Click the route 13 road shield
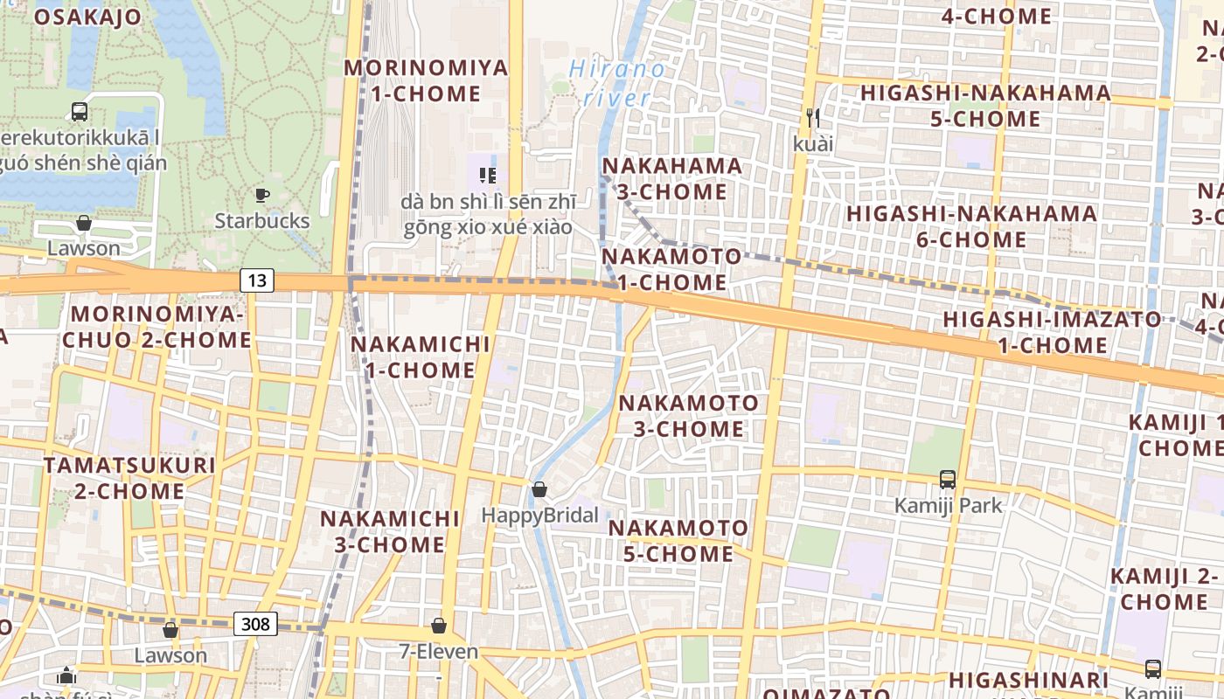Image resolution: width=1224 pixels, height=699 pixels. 256,280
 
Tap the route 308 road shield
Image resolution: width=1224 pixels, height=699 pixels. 255,624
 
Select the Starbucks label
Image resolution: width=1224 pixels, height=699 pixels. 262,221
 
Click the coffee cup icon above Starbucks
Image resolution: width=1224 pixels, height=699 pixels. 261,196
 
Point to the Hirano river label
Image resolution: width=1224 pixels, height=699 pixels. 615,82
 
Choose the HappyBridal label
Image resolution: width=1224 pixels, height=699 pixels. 539,516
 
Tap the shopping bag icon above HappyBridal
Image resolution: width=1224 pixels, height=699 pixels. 539,489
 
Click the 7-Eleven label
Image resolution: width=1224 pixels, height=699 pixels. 439,652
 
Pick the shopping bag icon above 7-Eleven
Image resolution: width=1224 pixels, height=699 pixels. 439,626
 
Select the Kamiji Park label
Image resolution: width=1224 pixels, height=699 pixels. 948,505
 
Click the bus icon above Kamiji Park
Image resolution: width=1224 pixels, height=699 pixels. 948,479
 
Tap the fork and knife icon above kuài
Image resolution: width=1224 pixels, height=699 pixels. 813,116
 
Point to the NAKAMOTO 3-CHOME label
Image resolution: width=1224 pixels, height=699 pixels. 689,416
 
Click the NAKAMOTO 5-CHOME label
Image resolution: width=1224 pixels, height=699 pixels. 678,541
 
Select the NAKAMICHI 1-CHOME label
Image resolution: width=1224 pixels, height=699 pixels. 420,356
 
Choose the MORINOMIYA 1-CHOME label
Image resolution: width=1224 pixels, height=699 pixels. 426,80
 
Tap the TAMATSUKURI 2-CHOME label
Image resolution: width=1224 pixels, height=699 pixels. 129,477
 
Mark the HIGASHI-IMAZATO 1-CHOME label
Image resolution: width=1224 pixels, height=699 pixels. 1052,332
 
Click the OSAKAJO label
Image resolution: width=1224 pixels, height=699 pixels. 87,17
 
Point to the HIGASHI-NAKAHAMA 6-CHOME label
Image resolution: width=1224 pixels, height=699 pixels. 971,226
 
